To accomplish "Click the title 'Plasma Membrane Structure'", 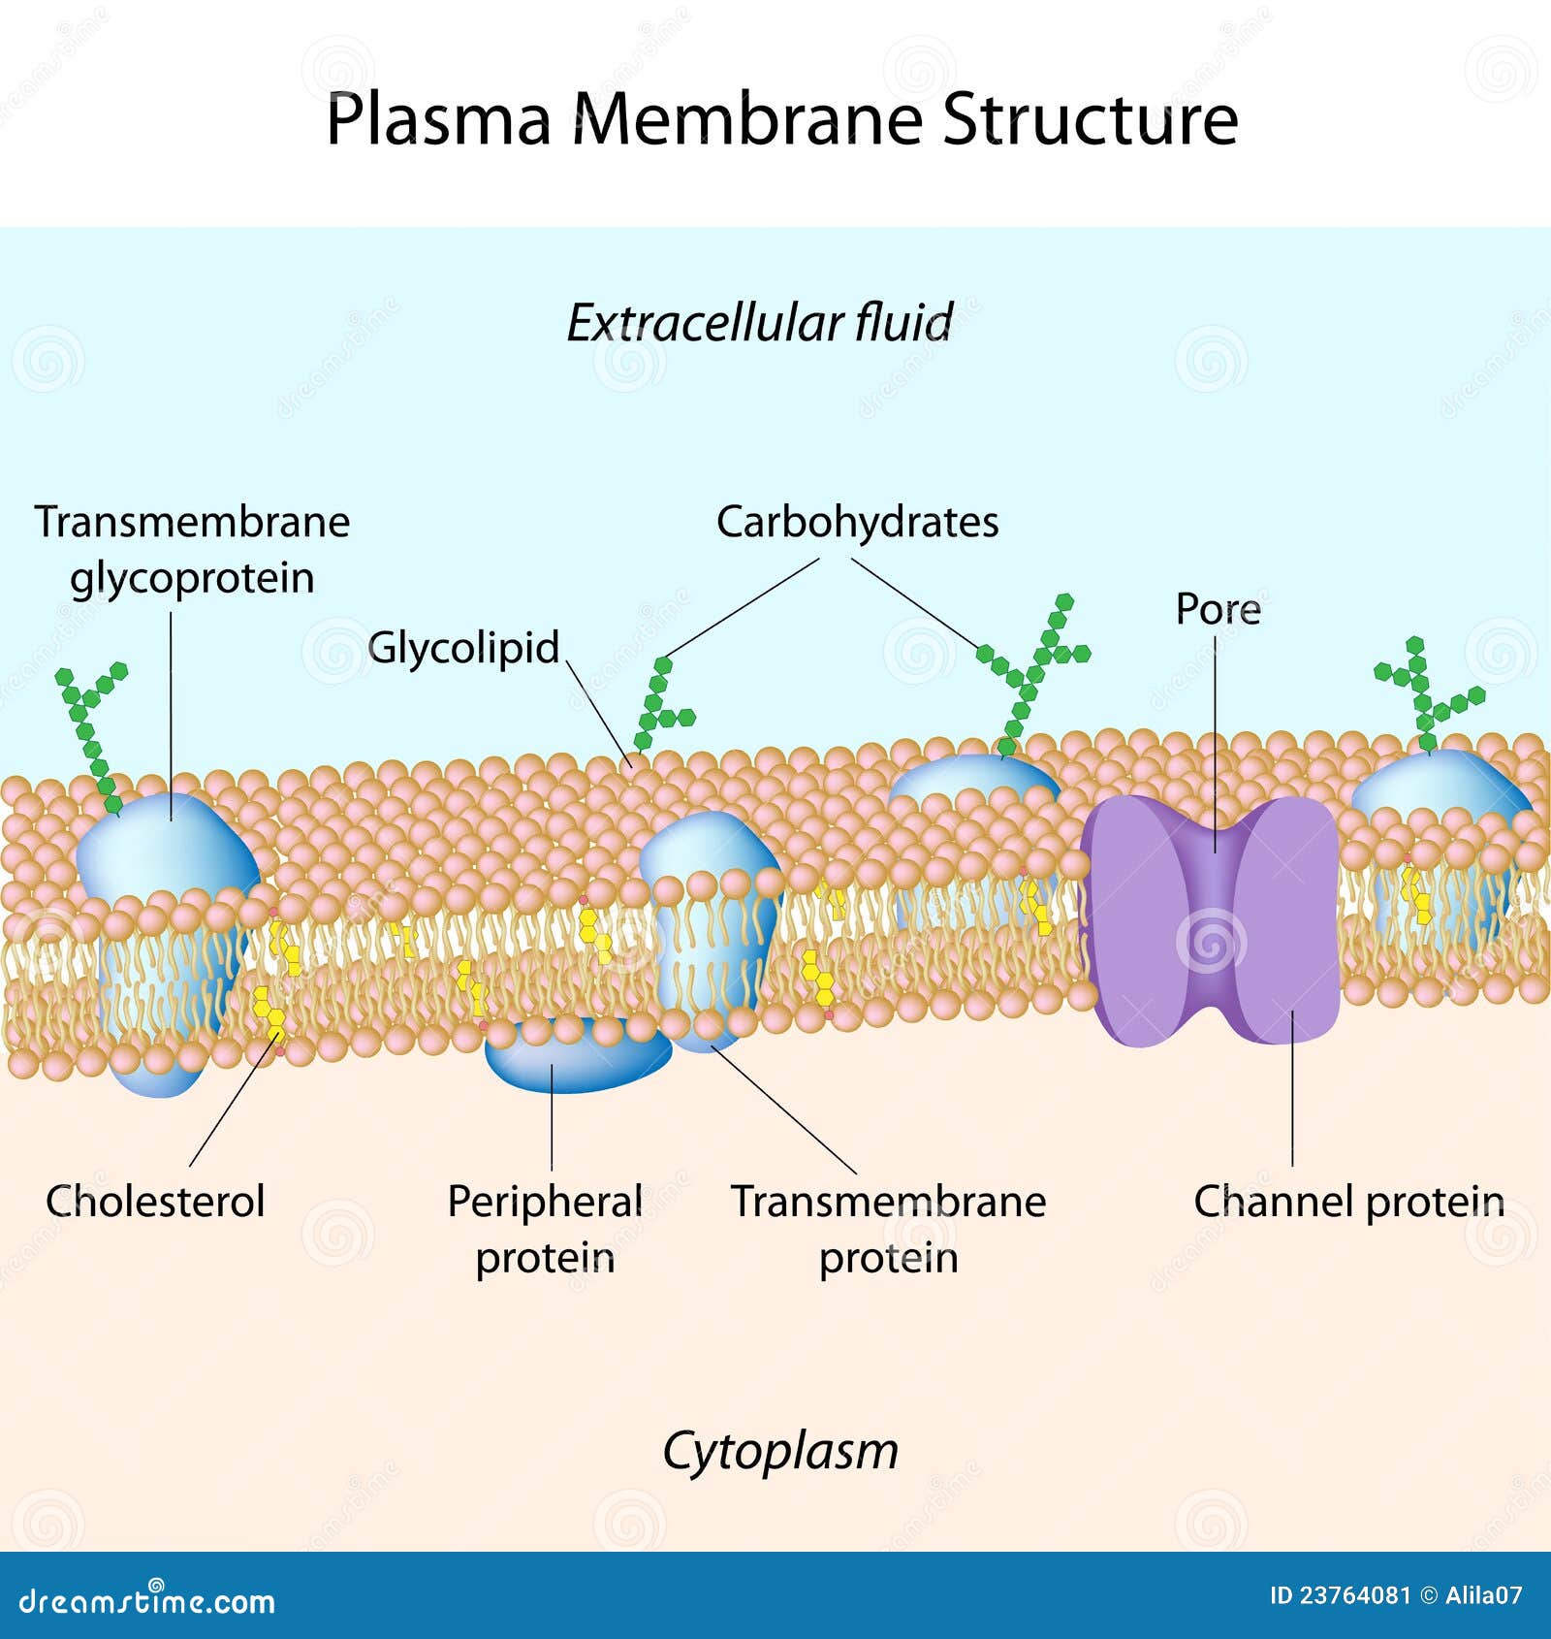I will [x=781, y=119].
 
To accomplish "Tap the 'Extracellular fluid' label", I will [x=759, y=323].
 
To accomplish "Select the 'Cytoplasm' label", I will [x=780, y=1451].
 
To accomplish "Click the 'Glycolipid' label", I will [x=463, y=648].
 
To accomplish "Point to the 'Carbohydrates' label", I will [x=857, y=522].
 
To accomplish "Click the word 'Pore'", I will [x=1218, y=609].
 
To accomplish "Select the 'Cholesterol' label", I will [x=155, y=1202].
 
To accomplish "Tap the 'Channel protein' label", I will [x=1348, y=1202].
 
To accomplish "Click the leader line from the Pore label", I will [x=1216, y=737].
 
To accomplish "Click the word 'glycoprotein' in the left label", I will [x=192, y=579].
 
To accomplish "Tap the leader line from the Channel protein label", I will [x=1292, y=1086].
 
